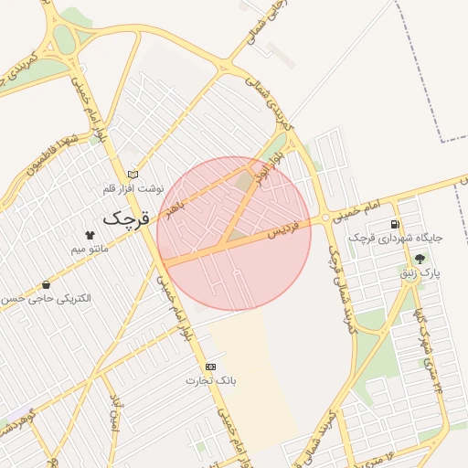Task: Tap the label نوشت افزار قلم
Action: coord(133,188)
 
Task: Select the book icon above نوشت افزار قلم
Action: coord(133,175)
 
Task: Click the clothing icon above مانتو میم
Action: coord(89,235)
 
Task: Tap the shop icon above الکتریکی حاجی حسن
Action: coord(46,285)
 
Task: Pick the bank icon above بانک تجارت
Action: coord(211,366)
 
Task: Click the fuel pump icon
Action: coord(395,224)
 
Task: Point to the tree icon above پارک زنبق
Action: coord(420,259)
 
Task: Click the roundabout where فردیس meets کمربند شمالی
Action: coord(325,218)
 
